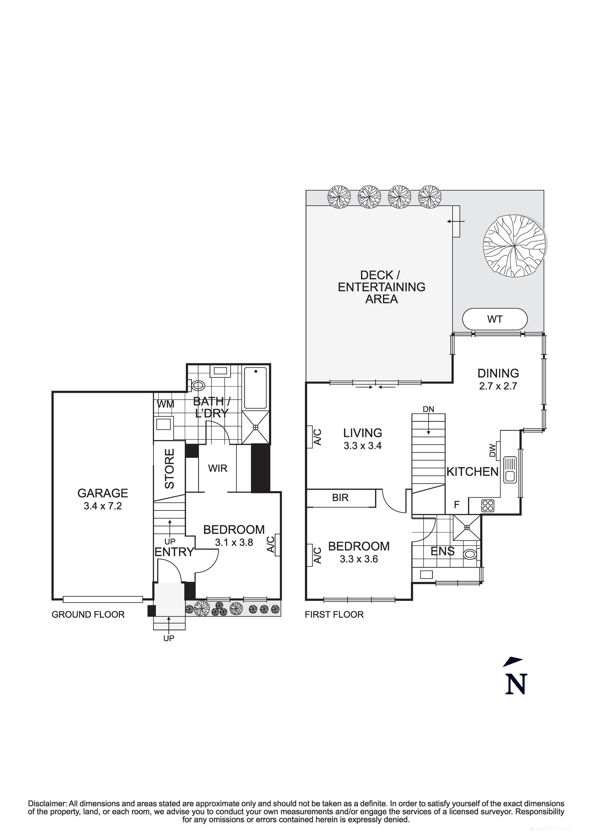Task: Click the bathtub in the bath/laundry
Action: [x=255, y=388]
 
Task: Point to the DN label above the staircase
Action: [x=429, y=409]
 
